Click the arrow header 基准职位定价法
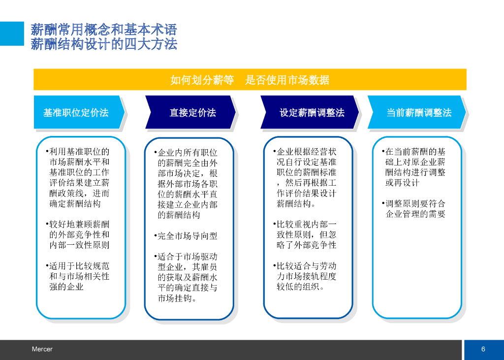click(x=76, y=113)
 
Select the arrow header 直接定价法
click(x=192, y=113)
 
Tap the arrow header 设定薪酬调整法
click(x=312, y=113)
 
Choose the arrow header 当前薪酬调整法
click(x=418, y=113)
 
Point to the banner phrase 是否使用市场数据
click(x=287, y=80)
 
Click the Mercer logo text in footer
click(x=42, y=349)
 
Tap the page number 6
click(x=483, y=349)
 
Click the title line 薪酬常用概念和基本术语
click(x=103, y=29)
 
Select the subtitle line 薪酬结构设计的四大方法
click(x=103, y=44)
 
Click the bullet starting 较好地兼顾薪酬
click(x=79, y=234)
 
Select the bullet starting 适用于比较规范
click(x=79, y=276)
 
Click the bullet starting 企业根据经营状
click(x=306, y=177)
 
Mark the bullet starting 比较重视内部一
click(x=306, y=234)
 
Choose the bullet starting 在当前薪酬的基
click(x=415, y=167)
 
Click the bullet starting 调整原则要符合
click(x=415, y=209)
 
